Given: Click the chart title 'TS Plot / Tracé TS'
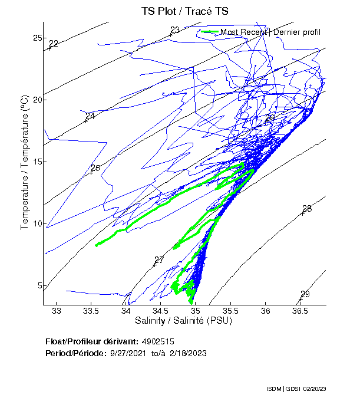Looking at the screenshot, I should click(x=185, y=11).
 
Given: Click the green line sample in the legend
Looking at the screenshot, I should click(x=209, y=31).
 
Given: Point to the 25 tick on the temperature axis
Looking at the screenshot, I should click(x=37, y=38).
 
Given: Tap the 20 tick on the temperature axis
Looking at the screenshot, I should click(x=37, y=100).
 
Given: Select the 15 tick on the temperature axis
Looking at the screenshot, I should click(x=37, y=162).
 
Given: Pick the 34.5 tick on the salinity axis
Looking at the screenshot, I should click(x=161, y=311).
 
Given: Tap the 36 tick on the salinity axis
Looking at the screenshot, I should click(x=266, y=311).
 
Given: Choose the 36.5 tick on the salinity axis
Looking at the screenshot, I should click(x=300, y=311).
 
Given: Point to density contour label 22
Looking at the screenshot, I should click(x=54, y=44).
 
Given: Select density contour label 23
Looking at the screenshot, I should click(x=175, y=31).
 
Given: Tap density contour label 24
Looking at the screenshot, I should click(x=90, y=116).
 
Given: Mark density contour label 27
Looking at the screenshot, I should click(x=158, y=260).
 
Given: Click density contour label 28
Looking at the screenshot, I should click(x=306, y=209).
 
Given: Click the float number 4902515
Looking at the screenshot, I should click(x=157, y=341).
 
